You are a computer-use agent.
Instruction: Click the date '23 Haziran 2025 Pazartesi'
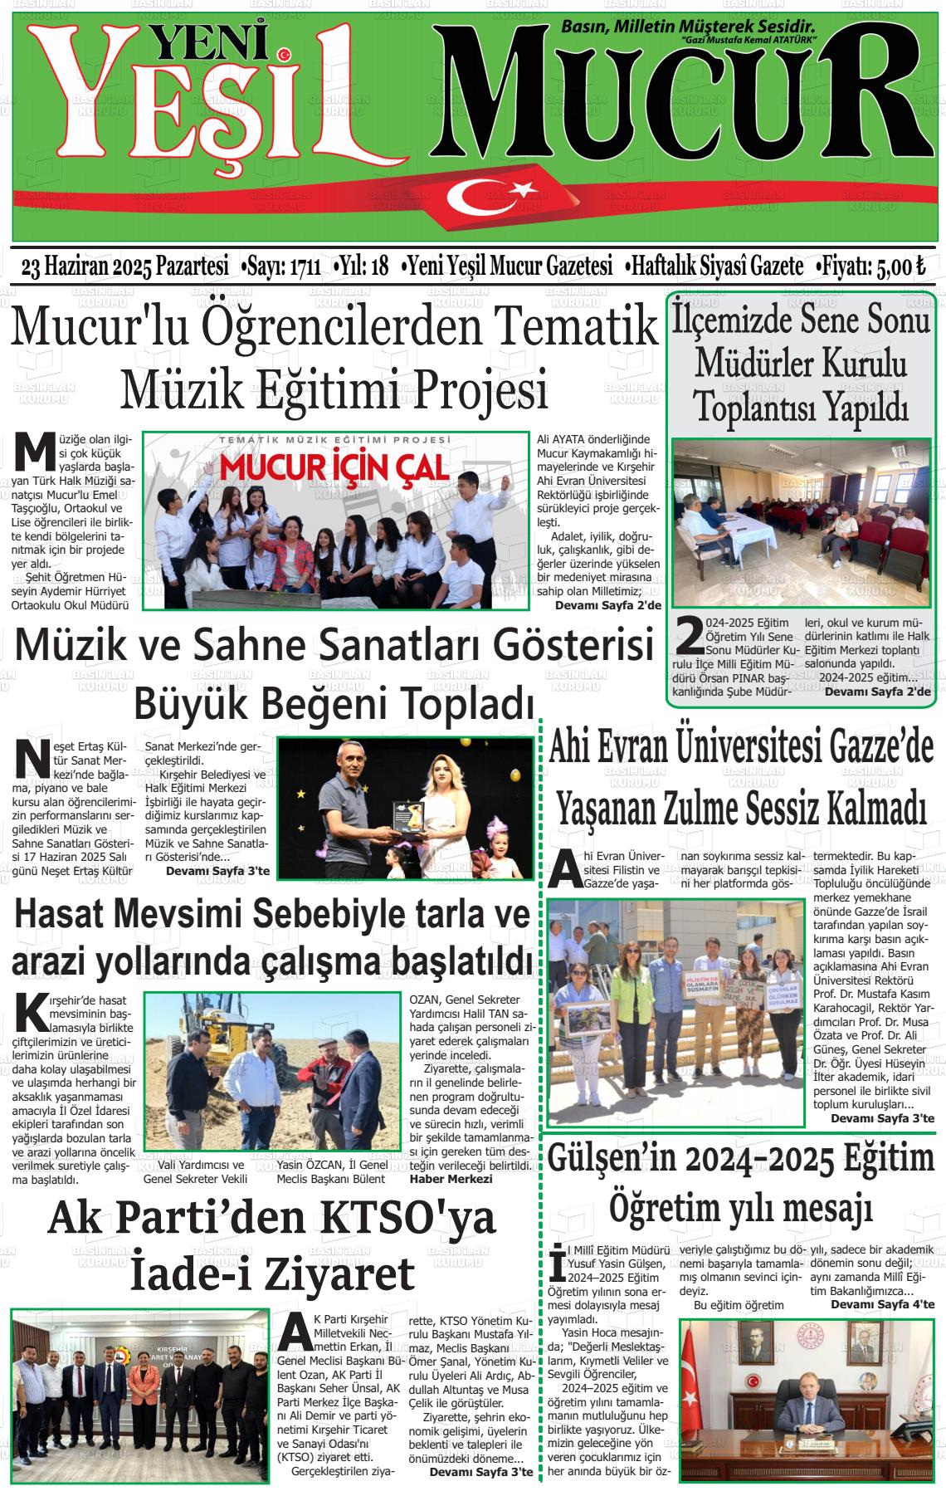[124, 266]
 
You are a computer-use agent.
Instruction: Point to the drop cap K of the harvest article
[32, 1011]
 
